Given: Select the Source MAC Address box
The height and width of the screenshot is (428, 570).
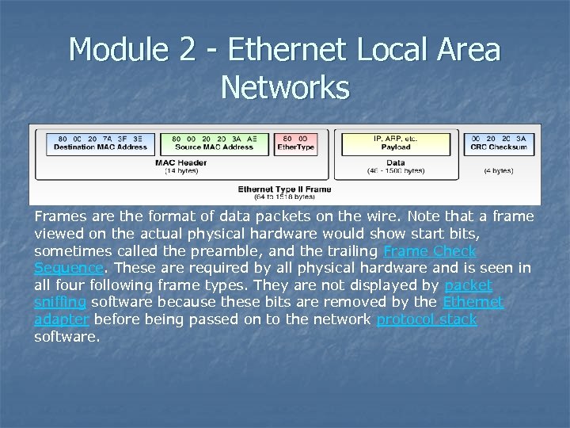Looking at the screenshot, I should [215, 143].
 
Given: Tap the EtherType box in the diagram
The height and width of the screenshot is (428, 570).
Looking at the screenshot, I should [295, 143].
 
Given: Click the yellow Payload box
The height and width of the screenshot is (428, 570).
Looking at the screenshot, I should [395, 143].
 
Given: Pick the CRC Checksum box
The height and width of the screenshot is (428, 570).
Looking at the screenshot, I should [499, 143].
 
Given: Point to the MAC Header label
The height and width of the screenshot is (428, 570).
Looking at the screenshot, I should [181, 162].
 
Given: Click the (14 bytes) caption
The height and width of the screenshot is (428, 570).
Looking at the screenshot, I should [181, 170].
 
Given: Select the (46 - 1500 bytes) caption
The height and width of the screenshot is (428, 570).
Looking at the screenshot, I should [396, 170].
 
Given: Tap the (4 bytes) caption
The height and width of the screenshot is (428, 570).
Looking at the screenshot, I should [499, 170].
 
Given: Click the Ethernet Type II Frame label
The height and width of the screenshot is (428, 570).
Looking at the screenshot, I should [284, 189].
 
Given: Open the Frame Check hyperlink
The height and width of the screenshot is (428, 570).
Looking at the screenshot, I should [429, 251].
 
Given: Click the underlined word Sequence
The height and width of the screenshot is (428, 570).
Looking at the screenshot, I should [69, 268].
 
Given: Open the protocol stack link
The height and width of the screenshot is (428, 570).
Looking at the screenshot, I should [427, 319].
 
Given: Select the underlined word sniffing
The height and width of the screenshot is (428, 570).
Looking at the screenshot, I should [61, 302].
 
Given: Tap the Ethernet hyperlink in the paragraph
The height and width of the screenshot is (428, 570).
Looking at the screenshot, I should [473, 302].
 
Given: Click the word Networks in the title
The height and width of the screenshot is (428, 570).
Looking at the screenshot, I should [285, 87].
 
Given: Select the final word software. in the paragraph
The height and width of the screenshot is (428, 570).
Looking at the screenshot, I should [67, 337].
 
